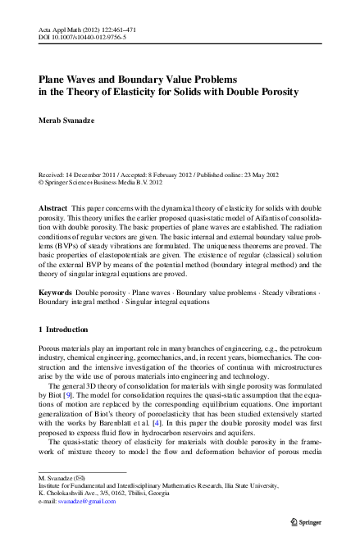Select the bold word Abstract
coord(53,209)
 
